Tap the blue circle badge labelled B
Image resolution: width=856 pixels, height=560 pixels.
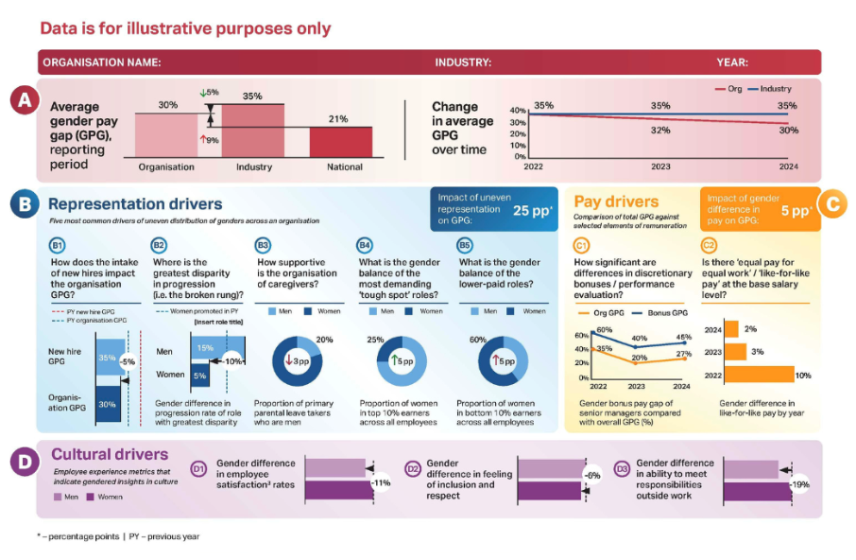pyautogui.click(x=25, y=203)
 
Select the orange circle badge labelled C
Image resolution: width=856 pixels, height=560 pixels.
pyautogui.click(x=831, y=203)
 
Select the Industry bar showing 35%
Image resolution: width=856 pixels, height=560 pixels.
pyautogui.click(x=252, y=131)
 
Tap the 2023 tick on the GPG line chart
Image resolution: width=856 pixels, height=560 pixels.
pyautogui.click(x=660, y=166)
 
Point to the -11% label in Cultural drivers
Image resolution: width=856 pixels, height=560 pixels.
pyautogui.click(x=382, y=482)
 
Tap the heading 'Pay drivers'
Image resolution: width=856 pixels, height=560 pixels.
pyautogui.click(x=616, y=201)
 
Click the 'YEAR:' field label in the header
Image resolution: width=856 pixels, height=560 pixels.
pyautogui.click(x=732, y=62)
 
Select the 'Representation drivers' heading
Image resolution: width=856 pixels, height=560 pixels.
pyautogui.click(x=135, y=203)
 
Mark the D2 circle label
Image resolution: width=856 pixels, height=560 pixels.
pyautogui.click(x=413, y=467)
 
